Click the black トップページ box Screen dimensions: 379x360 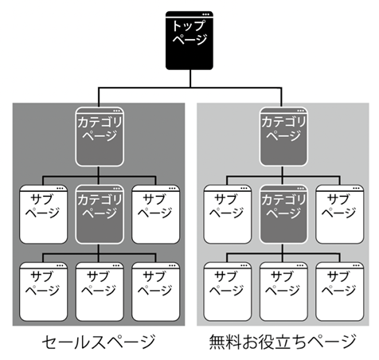189,41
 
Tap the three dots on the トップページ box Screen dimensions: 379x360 205,14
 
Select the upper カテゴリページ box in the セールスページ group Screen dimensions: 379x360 100,136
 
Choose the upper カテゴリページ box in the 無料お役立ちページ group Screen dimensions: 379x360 283,136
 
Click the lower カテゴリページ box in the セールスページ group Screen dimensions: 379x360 100,214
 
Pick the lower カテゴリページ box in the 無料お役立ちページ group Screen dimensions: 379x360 283,214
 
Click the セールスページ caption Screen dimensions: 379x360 99,342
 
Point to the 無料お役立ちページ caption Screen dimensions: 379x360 283,342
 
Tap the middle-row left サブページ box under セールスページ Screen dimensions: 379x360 43,214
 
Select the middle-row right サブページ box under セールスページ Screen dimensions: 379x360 155,214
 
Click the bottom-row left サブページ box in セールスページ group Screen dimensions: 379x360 43,292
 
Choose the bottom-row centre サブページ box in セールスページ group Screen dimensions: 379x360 100,292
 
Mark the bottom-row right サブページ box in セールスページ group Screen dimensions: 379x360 155,292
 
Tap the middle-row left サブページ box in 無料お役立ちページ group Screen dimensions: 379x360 228,214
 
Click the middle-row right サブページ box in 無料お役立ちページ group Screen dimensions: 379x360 340,214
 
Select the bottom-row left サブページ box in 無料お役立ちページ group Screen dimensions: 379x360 228,292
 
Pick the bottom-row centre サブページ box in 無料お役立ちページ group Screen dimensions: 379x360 283,292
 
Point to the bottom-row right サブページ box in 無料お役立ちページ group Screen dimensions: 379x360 340,292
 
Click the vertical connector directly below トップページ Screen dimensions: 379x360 190,79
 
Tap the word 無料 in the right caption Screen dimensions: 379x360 225,342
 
